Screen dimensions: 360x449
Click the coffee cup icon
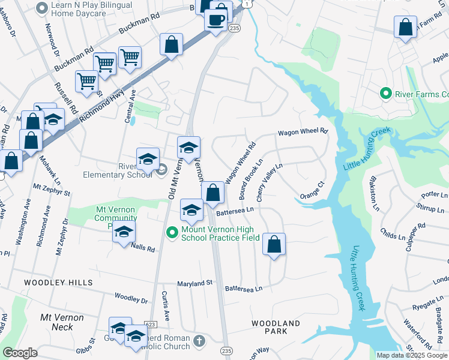tap(215, 19)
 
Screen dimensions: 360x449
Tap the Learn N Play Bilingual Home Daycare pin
tap(42, 8)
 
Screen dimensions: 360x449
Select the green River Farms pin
tap(385, 94)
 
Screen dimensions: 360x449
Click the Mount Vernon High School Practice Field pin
tap(172, 231)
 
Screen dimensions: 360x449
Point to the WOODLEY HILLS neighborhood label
tap(58, 281)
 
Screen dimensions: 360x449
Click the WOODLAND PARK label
tap(276, 327)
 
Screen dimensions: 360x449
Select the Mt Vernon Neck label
tap(56, 322)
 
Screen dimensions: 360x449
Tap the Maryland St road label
tap(194, 283)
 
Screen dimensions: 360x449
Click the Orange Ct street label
tap(312, 191)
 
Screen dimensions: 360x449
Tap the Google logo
tap(20, 353)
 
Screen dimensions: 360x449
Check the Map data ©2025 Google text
tap(411, 355)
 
